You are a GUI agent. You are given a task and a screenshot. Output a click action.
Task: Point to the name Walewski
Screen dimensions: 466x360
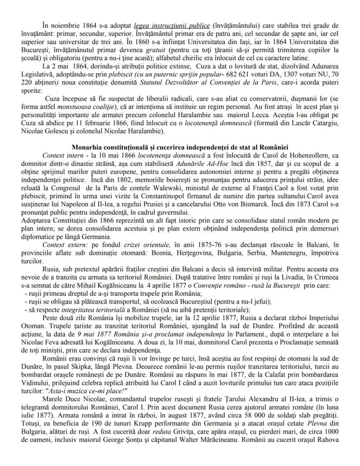click(x=189, y=187)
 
